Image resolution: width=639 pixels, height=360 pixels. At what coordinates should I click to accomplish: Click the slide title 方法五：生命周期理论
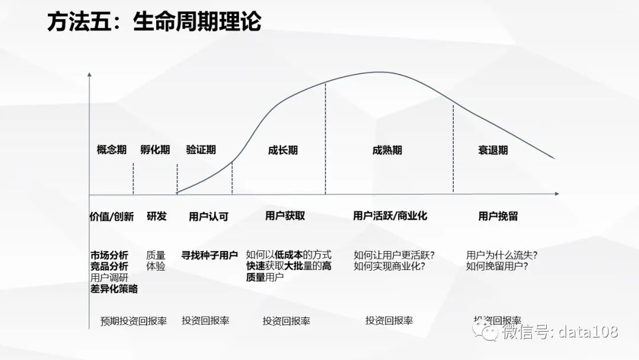coord(154,22)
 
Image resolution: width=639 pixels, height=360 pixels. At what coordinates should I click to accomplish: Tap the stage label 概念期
coord(112,150)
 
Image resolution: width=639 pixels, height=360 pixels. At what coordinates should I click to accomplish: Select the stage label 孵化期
coord(155,150)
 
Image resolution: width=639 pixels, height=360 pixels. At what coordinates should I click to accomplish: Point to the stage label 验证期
coord(201,150)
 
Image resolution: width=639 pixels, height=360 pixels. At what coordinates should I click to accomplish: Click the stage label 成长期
coord(283,150)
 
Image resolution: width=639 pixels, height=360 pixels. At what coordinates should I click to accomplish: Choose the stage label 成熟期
coord(388,150)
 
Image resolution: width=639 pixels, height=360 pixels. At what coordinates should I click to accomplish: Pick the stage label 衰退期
coord(493,150)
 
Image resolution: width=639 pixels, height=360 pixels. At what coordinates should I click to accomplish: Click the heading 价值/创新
coord(112,216)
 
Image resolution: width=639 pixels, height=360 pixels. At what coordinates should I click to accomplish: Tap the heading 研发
coord(157,216)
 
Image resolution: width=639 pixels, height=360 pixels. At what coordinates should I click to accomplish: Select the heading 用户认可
coord(208,216)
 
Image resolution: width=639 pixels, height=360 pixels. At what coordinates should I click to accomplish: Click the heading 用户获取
coord(285,216)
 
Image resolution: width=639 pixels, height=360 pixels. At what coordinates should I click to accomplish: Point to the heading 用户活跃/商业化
coord(390,216)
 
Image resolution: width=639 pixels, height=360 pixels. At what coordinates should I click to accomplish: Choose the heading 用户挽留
coord(498,216)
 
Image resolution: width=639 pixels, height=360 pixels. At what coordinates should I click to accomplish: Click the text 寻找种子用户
coord(209,255)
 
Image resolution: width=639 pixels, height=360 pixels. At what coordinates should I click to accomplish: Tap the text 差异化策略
coord(114,289)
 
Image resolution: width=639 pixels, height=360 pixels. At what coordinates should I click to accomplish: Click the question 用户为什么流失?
coord(502,255)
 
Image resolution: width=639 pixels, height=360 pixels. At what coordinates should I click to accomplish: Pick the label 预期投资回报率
coord(134,321)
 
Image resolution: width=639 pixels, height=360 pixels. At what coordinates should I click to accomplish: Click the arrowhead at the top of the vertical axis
coord(89,75)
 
